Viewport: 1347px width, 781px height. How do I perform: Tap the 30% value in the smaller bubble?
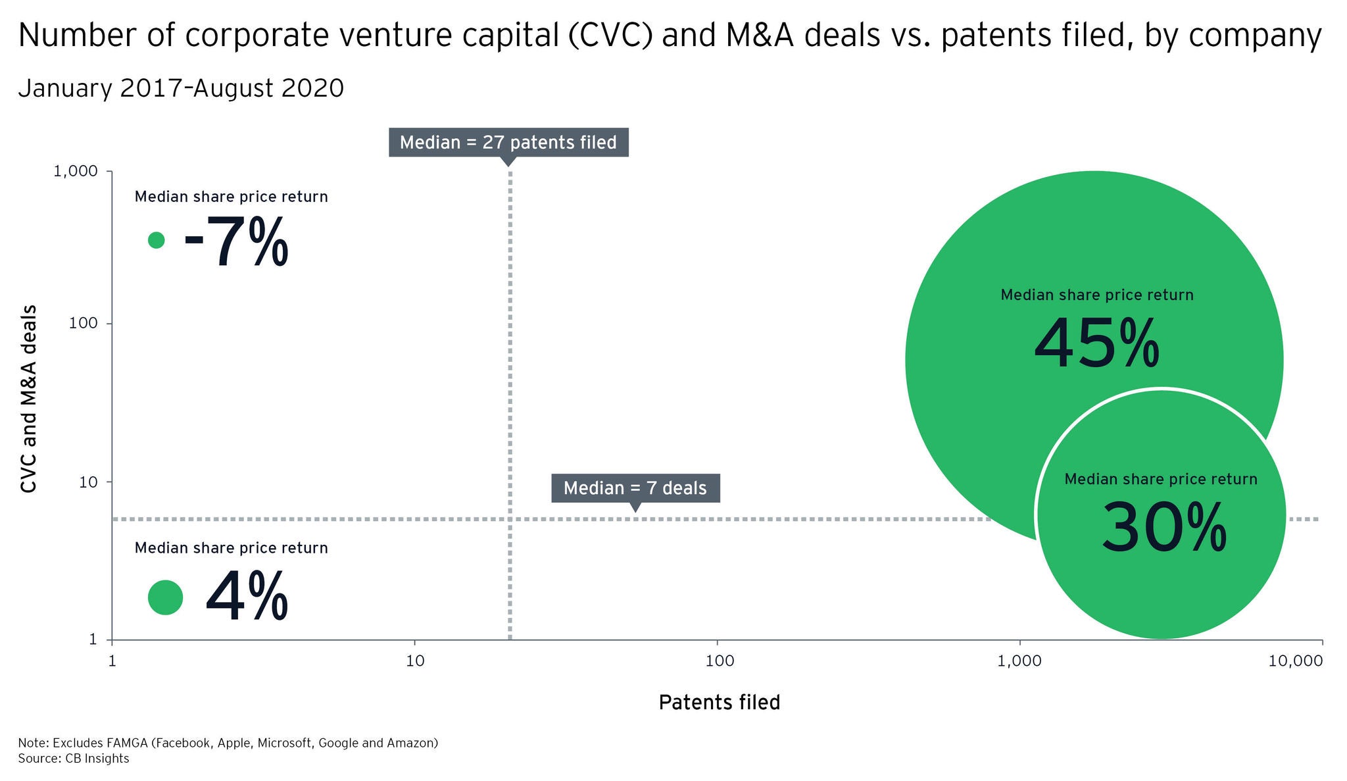pyautogui.click(x=1163, y=527)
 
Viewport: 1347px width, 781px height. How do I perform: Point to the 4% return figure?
pyautogui.click(x=247, y=596)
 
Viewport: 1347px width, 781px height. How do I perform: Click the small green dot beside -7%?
pyautogui.click(x=156, y=240)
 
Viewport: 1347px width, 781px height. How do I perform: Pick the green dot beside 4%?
pyautogui.click(x=165, y=597)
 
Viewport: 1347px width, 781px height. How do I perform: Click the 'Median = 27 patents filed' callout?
pyautogui.click(x=508, y=142)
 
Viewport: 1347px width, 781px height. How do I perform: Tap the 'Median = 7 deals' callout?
pyautogui.click(x=635, y=488)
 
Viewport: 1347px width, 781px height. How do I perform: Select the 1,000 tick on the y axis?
pyautogui.click(x=75, y=171)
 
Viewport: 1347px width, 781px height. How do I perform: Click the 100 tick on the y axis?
pyautogui.click(x=83, y=324)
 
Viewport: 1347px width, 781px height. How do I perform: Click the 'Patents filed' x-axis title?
pyautogui.click(x=719, y=703)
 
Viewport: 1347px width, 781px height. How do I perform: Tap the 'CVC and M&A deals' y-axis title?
pyautogui.click(x=28, y=399)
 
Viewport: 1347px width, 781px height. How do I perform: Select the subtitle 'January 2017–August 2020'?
pyautogui.click(x=181, y=88)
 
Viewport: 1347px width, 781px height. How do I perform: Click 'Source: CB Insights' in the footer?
pyautogui.click(x=74, y=759)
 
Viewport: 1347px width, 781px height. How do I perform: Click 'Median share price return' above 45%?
pyautogui.click(x=1096, y=295)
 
